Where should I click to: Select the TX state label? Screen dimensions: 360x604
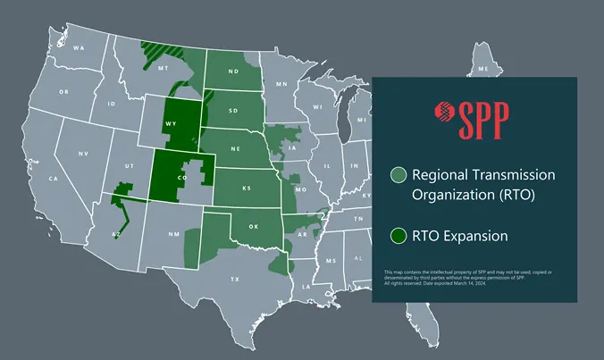click(x=235, y=280)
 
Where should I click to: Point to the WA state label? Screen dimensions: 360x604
click(x=80, y=47)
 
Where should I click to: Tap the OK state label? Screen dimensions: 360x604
click(x=254, y=227)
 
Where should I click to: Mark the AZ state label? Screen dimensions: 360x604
click(x=115, y=234)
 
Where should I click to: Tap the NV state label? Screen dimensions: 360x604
click(x=83, y=154)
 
